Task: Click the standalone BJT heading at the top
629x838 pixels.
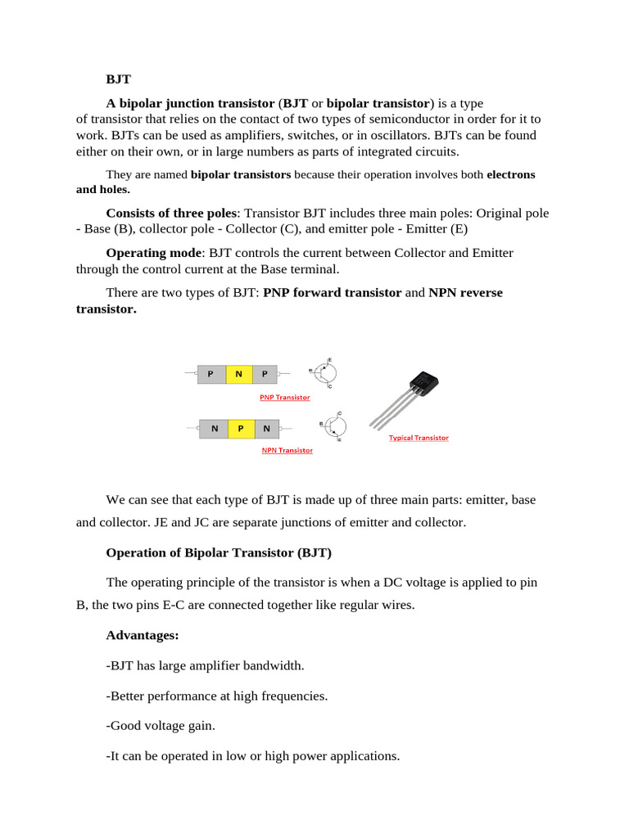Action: (118, 79)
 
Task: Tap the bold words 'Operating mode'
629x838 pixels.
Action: (153, 253)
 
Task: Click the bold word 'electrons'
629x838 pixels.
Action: (511, 174)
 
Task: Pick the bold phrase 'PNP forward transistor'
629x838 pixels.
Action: (333, 292)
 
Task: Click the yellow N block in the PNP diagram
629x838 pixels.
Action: (238, 374)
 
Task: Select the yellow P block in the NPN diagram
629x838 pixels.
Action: (242, 428)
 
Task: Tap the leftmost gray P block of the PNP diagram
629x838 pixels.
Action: (211, 374)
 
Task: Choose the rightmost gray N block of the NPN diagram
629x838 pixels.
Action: (267, 428)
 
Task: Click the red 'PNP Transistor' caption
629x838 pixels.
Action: (284, 397)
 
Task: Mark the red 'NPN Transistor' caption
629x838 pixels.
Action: (287, 450)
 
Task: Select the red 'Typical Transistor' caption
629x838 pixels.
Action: (419, 438)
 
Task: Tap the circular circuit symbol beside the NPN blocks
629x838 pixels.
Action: (333, 426)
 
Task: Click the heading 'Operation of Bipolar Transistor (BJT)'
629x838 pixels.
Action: (219, 552)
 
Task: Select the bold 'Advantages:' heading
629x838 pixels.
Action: (143, 635)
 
